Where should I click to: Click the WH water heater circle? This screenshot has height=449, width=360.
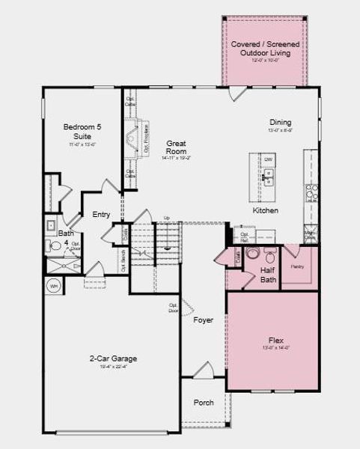tap(54, 285)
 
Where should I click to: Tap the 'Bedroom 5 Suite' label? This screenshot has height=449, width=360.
tap(82, 132)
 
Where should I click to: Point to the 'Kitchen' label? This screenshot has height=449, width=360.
tap(265, 211)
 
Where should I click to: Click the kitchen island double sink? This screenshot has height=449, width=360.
tap(268, 178)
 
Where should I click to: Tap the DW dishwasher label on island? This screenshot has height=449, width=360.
tap(268, 159)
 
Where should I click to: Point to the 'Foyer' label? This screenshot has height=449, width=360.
tap(203, 320)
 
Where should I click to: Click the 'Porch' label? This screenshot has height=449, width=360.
tap(203, 403)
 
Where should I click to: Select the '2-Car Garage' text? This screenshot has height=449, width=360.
tap(113, 358)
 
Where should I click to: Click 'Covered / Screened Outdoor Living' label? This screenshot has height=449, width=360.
tap(265, 49)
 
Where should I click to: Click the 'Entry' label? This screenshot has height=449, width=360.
tap(101, 215)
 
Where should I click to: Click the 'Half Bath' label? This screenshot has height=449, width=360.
tap(268, 275)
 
